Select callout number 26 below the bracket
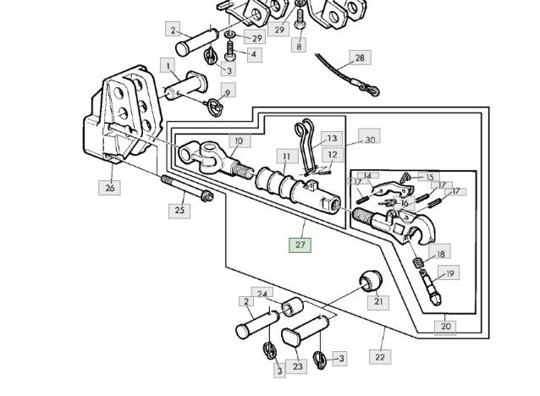pos(109,188)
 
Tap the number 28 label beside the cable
pos(360,58)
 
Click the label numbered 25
pos(179,209)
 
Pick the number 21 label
pos(378,301)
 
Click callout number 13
pos(332,138)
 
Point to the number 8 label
pos(298,47)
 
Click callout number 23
pos(297,366)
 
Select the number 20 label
pos(446,325)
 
